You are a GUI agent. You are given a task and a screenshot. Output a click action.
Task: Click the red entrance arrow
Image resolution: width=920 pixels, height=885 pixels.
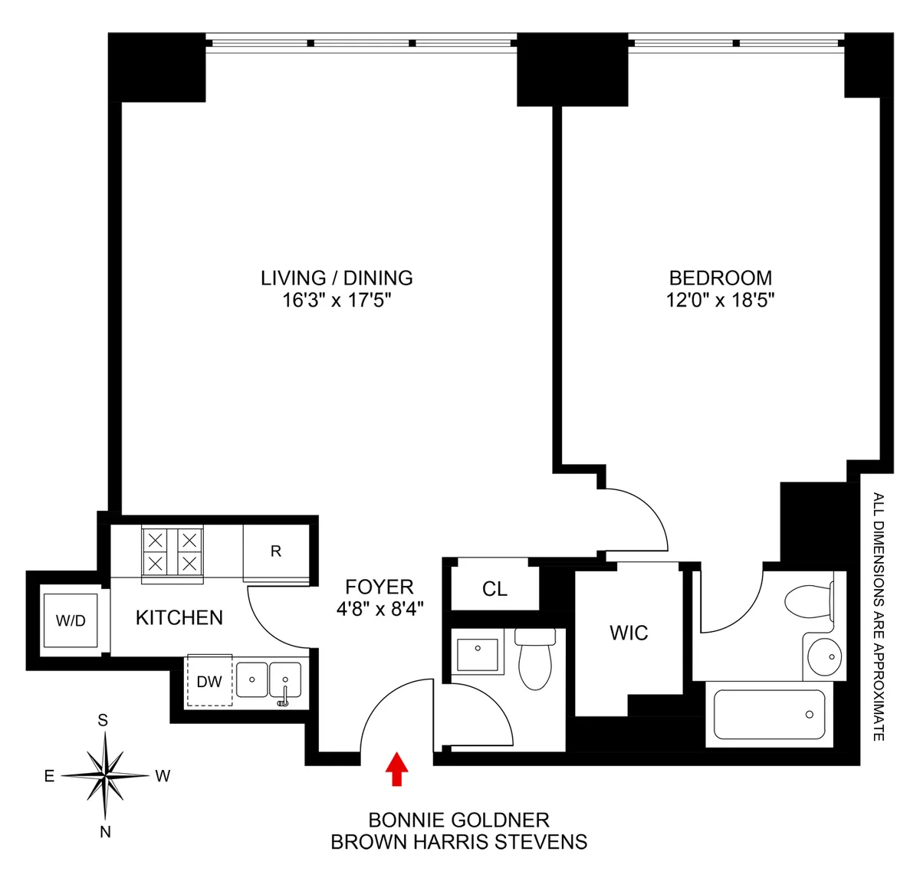(x=396, y=769)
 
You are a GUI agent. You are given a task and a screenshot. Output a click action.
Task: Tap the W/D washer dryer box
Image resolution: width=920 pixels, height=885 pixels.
(x=71, y=620)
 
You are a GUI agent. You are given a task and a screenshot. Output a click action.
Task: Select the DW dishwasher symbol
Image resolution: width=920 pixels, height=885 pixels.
(x=209, y=681)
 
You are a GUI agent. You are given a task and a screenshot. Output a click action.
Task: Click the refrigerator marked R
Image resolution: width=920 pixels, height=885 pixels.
(x=276, y=551)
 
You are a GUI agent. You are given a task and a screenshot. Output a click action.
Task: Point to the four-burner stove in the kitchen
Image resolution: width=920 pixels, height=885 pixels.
(x=172, y=551)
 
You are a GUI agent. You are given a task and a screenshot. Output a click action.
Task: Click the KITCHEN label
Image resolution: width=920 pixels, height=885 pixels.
(x=179, y=617)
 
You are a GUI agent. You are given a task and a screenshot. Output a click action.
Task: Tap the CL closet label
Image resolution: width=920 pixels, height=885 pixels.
(x=495, y=589)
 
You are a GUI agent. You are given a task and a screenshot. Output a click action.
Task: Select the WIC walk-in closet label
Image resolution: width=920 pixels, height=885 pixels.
(x=629, y=633)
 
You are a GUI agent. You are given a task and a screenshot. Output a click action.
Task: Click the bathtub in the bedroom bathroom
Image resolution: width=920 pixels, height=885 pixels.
(x=769, y=715)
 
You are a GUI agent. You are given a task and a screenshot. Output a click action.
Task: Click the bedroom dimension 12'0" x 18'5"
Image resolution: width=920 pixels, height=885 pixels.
(x=720, y=300)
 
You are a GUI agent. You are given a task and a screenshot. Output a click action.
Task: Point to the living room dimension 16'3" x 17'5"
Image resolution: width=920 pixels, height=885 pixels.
(x=337, y=300)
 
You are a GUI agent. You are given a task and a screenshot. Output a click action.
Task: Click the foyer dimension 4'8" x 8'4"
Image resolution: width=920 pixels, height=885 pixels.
(x=379, y=609)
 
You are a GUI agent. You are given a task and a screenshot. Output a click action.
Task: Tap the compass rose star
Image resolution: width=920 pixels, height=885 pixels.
(x=104, y=775)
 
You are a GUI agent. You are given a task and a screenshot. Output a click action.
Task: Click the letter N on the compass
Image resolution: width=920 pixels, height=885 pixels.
(x=105, y=832)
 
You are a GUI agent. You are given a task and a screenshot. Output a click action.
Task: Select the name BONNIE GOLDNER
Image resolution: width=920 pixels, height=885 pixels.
(x=458, y=820)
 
